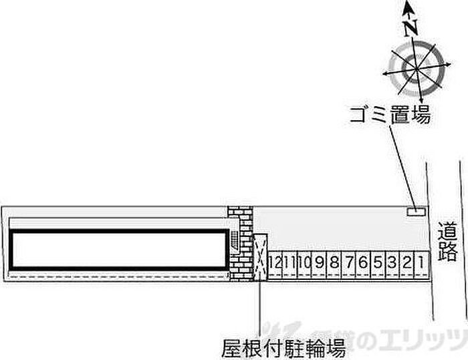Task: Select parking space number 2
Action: coord(406,263)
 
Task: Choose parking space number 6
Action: coord(363,263)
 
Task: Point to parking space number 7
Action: coord(348,263)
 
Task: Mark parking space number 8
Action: coord(334,263)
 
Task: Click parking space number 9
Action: coord(320,263)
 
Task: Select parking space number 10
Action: coord(304,263)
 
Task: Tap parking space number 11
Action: coord(289,263)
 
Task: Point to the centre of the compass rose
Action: coord(415,67)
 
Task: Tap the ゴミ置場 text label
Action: coord(388,116)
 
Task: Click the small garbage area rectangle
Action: coord(416,212)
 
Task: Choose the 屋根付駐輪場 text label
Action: coord(285,347)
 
